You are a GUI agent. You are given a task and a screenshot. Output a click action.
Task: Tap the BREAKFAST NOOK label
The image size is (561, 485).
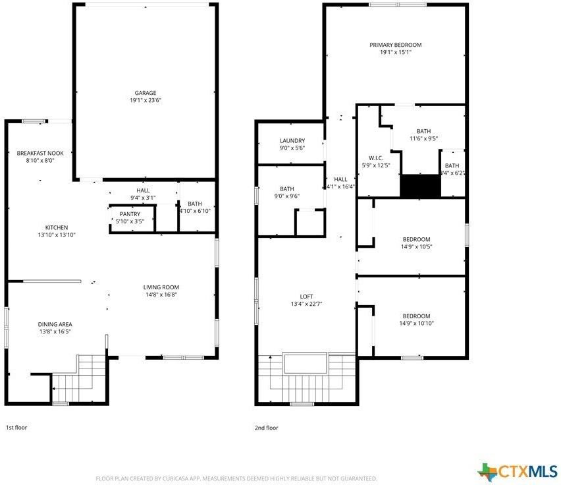(x=40, y=153)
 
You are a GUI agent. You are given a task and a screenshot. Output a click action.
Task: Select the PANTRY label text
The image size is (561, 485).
(x=130, y=214)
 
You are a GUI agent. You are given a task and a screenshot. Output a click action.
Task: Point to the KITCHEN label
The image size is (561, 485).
(x=57, y=227)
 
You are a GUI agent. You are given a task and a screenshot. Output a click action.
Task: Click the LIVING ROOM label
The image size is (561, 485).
(x=161, y=287)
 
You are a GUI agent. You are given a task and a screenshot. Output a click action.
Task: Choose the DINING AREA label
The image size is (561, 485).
(x=55, y=324)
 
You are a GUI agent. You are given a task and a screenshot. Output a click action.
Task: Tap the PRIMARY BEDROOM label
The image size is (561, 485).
(x=395, y=45)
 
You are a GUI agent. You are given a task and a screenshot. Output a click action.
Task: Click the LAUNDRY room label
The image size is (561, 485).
(x=292, y=140)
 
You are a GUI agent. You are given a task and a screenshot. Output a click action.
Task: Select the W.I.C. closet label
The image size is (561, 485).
(x=376, y=157)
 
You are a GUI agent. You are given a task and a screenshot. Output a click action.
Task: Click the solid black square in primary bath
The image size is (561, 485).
(x=419, y=185)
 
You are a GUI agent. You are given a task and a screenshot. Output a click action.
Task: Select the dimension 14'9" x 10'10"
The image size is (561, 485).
(x=416, y=323)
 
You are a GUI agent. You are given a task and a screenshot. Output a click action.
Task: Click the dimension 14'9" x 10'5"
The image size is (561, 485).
(x=416, y=246)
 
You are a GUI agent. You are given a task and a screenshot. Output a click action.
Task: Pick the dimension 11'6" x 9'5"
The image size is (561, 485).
(x=423, y=138)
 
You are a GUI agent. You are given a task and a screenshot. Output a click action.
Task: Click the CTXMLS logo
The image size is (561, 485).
(x=518, y=471)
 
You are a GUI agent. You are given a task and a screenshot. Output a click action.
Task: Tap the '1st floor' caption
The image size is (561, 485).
(x=16, y=428)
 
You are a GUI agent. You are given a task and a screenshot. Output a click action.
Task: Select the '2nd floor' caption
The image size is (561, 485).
(x=267, y=428)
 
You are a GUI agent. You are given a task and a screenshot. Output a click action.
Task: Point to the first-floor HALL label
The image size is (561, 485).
(x=143, y=190)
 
